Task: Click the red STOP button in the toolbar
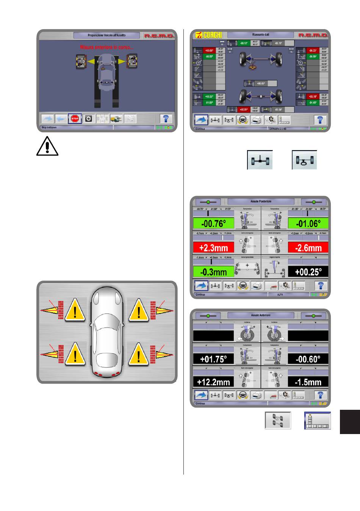pyautogui.click(x=75, y=119)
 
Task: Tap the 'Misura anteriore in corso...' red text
pyautogui.click(x=106, y=47)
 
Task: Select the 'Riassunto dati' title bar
pyautogui.click(x=261, y=35)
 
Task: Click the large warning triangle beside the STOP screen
pyautogui.click(x=47, y=146)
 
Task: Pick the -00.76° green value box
pyautogui.click(x=213, y=224)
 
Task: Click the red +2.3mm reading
pyautogui.click(x=213, y=248)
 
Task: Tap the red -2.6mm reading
pyautogui.click(x=308, y=248)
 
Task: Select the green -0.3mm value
pyautogui.click(x=213, y=272)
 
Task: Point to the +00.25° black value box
pyautogui.click(x=308, y=272)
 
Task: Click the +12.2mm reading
pyautogui.click(x=213, y=382)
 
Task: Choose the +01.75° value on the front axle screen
pyautogui.click(x=213, y=359)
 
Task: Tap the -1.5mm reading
pyautogui.click(x=308, y=382)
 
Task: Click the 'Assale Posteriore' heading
pyautogui.click(x=261, y=202)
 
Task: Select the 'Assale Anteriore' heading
pyautogui.click(x=261, y=315)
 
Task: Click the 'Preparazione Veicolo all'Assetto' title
pyautogui.click(x=106, y=35)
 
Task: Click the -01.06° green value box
pyautogui.click(x=308, y=224)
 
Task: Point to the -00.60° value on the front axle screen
pyautogui.click(x=308, y=359)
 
